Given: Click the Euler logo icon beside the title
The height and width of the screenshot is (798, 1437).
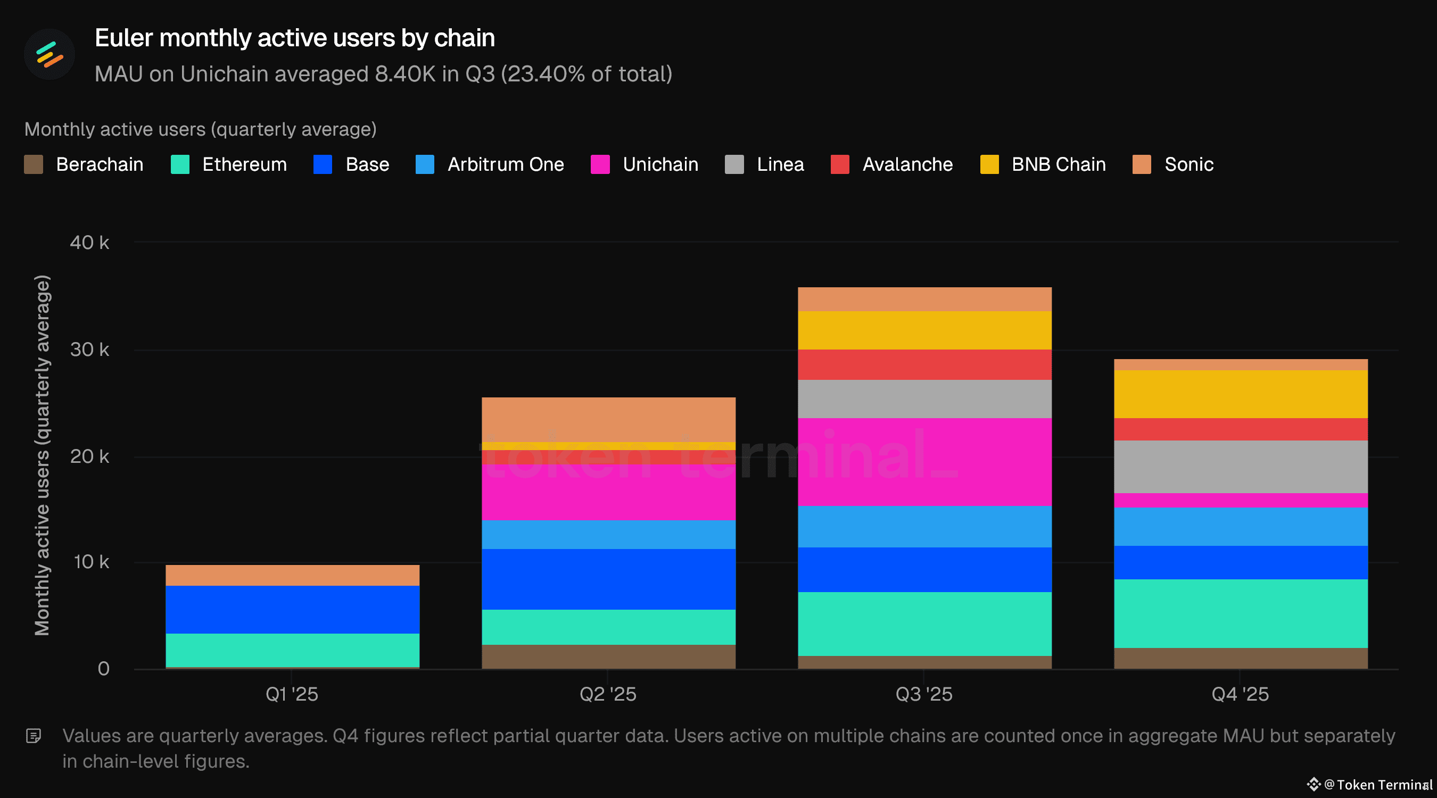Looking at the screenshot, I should [x=49, y=54].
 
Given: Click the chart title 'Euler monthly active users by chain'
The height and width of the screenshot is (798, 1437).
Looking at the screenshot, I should [x=294, y=38].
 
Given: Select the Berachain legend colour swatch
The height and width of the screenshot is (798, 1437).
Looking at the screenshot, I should [x=34, y=164].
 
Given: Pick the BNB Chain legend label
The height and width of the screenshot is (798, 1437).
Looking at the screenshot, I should [x=1058, y=164].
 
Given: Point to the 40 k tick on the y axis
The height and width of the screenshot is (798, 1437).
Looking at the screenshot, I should [x=89, y=243].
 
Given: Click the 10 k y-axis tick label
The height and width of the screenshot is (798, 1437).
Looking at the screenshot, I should [x=91, y=562].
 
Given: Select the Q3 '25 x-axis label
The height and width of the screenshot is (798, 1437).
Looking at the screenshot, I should [x=924, y=694].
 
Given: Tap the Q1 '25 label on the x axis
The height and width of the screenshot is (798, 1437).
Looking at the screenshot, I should [x=292, y=694].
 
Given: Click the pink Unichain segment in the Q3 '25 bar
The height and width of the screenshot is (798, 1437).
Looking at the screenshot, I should [x=924, y=462].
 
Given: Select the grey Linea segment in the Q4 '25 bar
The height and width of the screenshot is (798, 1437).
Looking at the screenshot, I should [x=1241, y=467].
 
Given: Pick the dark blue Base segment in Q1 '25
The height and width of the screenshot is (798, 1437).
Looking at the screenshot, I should [x=292, y=609].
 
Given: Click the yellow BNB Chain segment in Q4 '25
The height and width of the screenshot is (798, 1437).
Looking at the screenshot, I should [x=1241, y=394].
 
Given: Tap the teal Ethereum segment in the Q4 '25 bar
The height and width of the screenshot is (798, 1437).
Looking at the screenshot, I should [x=1241, y=613].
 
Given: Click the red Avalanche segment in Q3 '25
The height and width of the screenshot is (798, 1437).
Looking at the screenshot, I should [x=924, y=365].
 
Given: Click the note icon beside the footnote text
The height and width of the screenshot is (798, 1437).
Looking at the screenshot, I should [x=34, y=736].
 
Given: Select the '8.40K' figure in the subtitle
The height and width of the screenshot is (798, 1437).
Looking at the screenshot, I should [x=404, y=74].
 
